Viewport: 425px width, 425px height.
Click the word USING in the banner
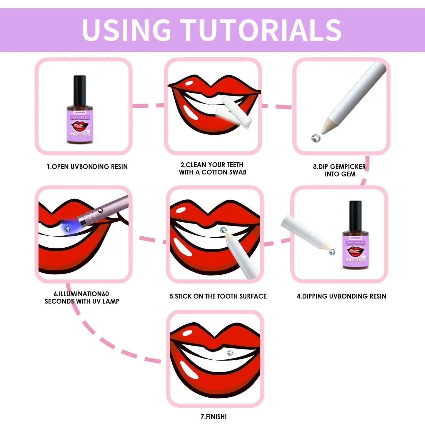pyautogui.click(x=126, y=30)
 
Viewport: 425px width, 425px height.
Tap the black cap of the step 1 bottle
pyautogui.click(x=80, y=86)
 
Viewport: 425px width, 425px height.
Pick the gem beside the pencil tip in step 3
pyautogui.click(x=316, y=138)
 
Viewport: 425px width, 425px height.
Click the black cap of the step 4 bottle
pyautogui.click(x=355, y=212)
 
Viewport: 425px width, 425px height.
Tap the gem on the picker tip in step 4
pyautogui.click(x=332, y=252)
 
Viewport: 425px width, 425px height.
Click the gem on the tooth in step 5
pyautogui.click(x=223, y=230)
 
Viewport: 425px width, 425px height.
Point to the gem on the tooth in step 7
pyautogui.click(x=230, y=353)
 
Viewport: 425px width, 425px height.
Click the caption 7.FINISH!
pyautogui.click(x=214, y=416)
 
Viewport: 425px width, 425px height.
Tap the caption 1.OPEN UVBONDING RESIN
pyautogui.click(x=87, y=167)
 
